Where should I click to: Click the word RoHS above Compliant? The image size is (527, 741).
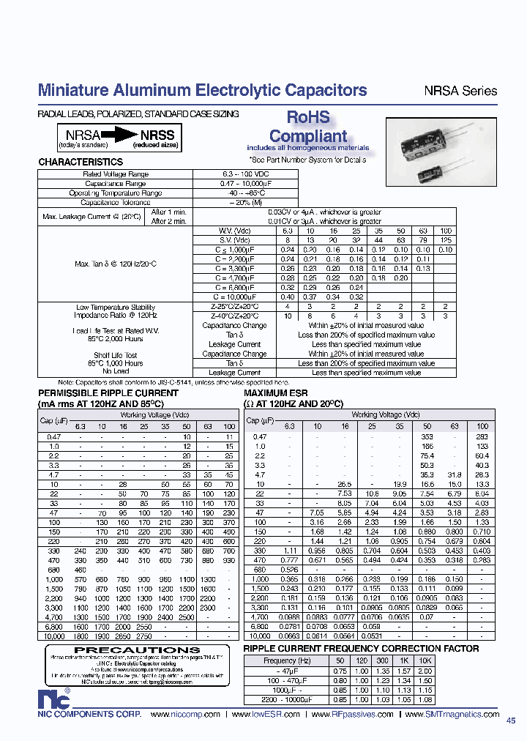click(307, 118)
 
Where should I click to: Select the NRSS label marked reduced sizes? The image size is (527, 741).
click(158, 135)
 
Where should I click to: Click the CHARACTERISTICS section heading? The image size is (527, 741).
click(81, 162)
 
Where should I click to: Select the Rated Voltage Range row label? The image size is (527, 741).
click(116, 174)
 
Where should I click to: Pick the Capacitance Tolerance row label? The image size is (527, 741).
click(116, 202)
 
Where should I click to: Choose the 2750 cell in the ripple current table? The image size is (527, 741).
click(165, 637)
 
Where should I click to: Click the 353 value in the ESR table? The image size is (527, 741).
click(427, 436)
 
